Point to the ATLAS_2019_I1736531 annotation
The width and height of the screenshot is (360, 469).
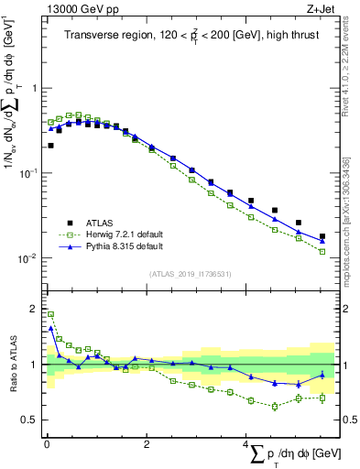tap(191, 273)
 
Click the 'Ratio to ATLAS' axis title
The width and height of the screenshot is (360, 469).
tap(13, 365)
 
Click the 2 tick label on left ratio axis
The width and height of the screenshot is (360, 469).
tap(36, 309)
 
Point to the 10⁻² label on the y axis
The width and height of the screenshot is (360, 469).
tap(28, 258)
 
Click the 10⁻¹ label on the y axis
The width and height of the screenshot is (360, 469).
tap(28, 173)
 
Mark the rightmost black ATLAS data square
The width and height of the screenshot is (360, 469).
tap(322, 236)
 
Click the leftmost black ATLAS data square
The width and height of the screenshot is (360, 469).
tap(50, 145)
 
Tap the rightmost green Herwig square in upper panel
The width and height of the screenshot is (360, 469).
tap(322, 251)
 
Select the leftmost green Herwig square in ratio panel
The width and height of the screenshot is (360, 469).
tap(50, 314)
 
